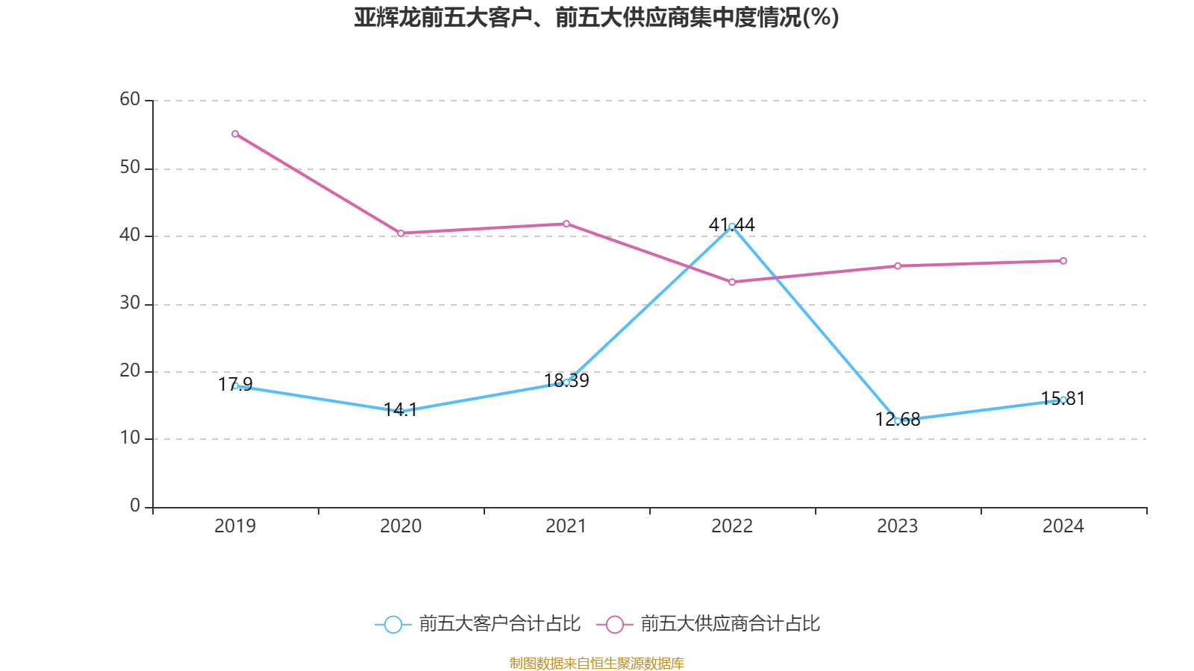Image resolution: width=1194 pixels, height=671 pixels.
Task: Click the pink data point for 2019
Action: tap(235, 134)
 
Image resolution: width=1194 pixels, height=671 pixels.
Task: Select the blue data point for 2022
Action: tap(732, 226)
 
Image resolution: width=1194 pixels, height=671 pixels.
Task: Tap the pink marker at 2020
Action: tap(401, 233)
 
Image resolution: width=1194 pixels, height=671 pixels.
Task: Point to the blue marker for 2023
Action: tap(898, 421)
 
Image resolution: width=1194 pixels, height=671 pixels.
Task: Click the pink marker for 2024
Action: tap(1063, 261)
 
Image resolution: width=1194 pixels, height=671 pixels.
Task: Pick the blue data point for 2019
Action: tap(235, 385)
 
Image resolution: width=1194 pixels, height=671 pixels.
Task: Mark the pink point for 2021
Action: tap(566, 224)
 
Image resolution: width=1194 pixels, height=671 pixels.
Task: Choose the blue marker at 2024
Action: tap(1063, 400)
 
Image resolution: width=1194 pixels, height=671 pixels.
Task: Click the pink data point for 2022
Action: tap(732, 282)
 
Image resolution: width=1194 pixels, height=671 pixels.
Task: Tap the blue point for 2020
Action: tap(401, 412)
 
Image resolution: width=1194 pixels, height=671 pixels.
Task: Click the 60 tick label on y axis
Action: tap(130, 99)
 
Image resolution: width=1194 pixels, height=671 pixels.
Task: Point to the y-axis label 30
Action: tap(130, 303)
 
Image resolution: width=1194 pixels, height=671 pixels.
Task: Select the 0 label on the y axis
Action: tap(134, 505)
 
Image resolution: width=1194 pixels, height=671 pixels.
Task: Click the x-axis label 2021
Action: tap(566, 526)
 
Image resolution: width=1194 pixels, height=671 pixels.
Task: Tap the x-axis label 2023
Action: tap(898, 526)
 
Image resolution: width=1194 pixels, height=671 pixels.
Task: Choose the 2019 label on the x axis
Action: tap(235, 526)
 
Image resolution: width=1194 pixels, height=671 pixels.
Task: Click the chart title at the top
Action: tap(596, 17)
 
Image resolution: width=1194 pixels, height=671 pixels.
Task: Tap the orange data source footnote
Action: tap(596, 663)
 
